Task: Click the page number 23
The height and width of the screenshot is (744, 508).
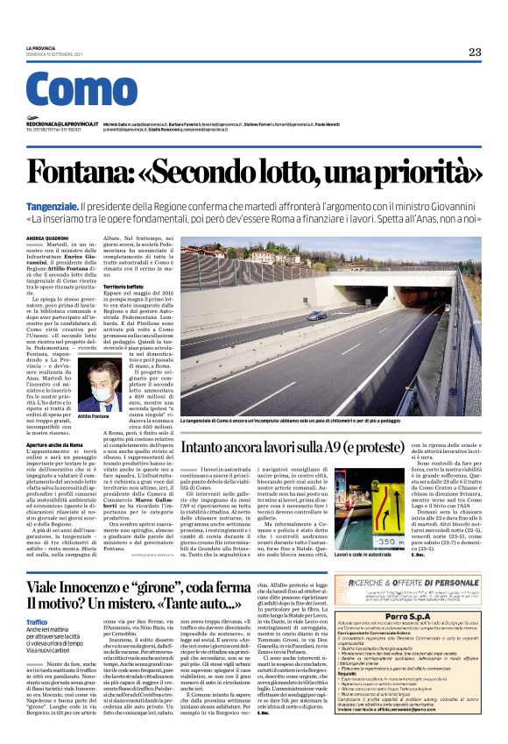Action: pyautogui.click(x=474, y=52)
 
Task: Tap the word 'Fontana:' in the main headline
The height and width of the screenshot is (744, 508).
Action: pyautogui.click(x=104, y=149)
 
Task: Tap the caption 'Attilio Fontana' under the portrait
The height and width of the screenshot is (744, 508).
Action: pyautogui.click(x=95, y=417)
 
